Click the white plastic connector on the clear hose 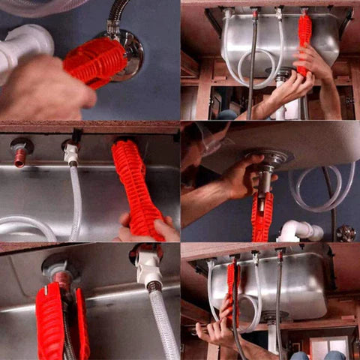(x=70, y=154)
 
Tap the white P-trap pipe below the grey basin (x=300, y=231)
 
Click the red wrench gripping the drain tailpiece (x=262, y=217)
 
